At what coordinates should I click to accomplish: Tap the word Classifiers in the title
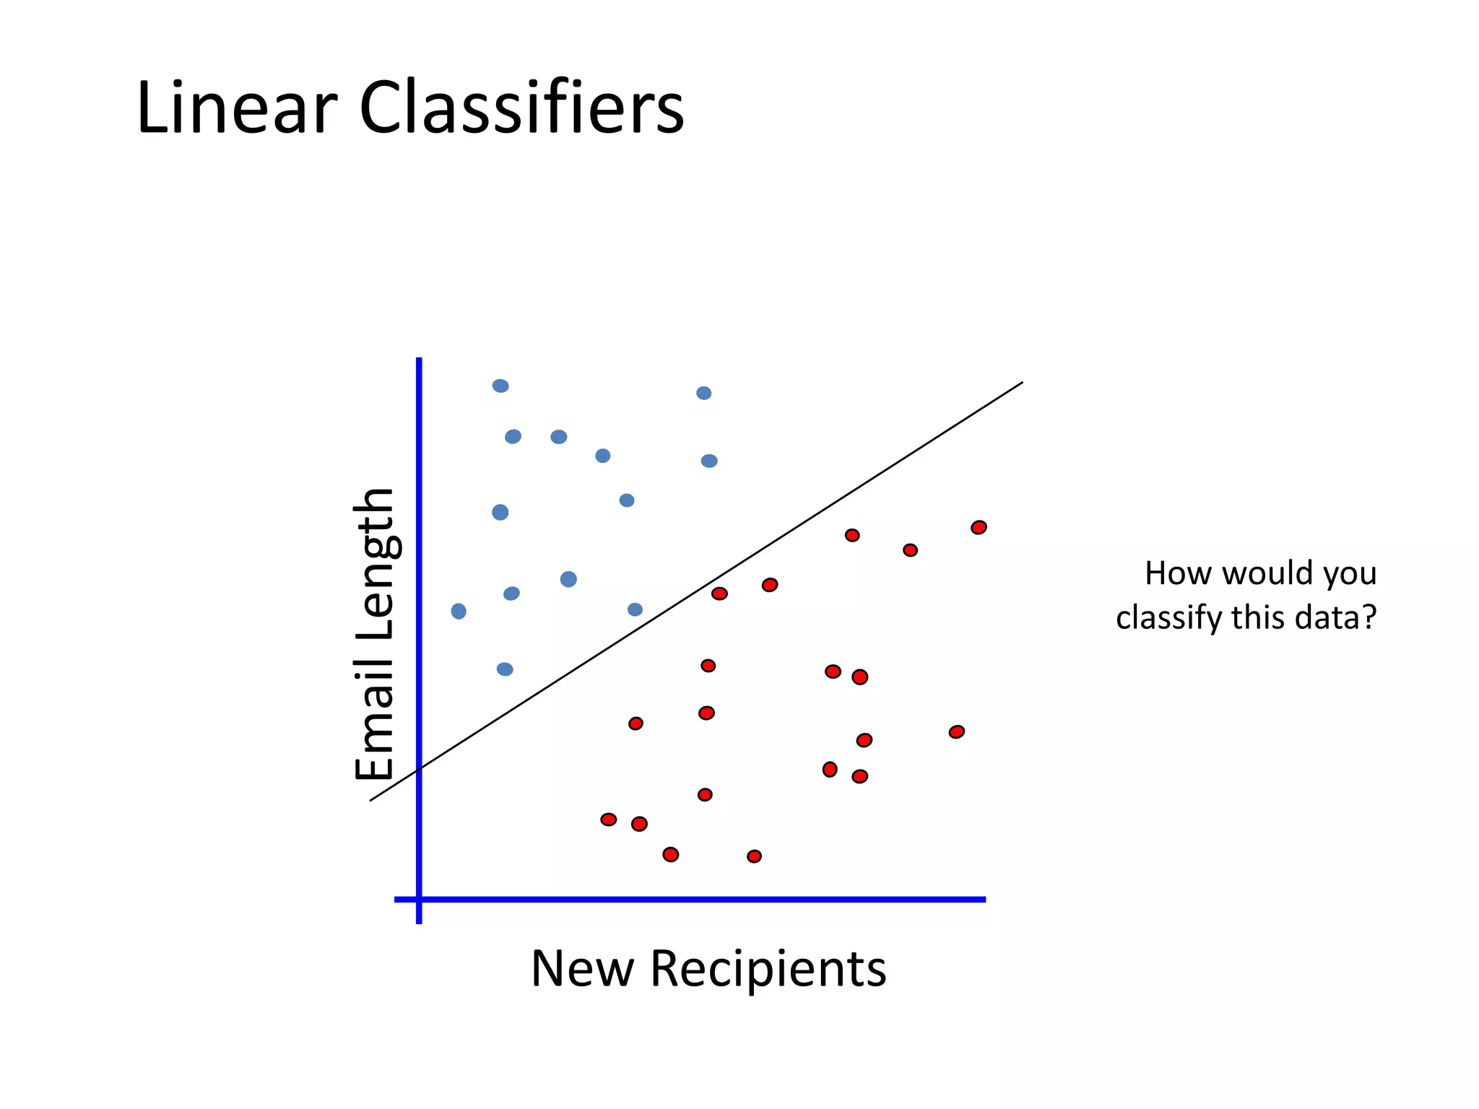521,108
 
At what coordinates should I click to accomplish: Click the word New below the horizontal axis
582,969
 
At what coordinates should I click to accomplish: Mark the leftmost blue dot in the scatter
459,612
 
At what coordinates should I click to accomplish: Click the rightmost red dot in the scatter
979,528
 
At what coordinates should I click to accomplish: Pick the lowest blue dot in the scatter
505,669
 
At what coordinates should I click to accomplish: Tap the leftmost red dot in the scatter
609,819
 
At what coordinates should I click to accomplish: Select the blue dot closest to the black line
635,610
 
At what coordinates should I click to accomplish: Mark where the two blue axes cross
419,900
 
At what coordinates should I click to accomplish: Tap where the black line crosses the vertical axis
419,770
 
